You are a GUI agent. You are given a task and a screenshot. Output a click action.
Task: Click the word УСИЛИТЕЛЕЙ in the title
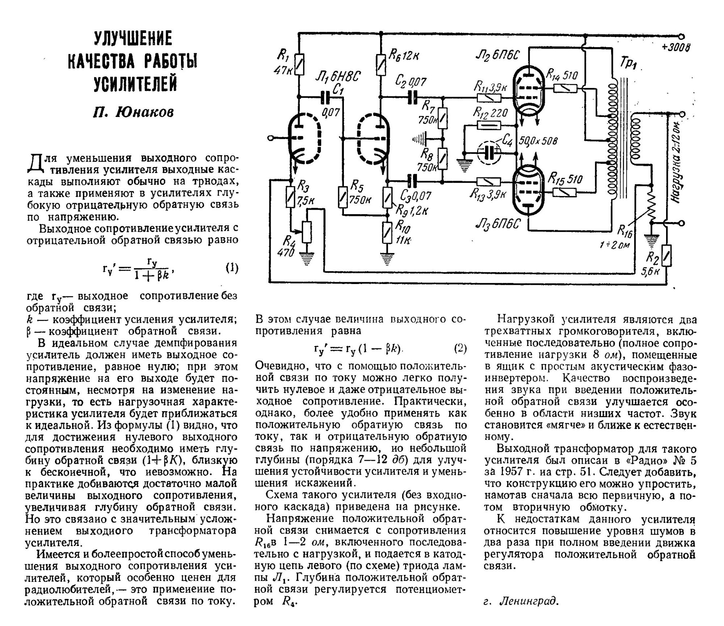135,83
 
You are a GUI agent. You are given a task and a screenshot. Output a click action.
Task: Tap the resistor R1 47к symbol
299,64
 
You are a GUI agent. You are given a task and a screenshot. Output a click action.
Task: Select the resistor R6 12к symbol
380,64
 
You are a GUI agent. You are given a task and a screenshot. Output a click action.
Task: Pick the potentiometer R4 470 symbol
307,232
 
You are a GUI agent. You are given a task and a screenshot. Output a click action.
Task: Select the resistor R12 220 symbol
489,125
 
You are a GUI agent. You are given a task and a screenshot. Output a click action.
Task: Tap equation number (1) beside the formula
232,268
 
